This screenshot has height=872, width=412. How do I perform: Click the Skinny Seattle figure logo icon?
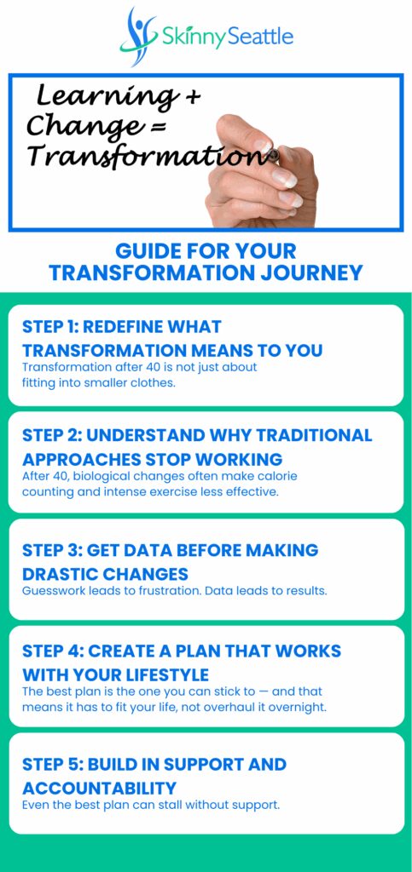pos(138,36)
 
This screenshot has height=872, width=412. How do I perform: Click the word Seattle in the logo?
pos(260,37)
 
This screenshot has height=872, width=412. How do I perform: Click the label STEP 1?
pos(49,326)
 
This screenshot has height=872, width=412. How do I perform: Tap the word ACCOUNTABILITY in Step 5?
pos(99,788)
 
